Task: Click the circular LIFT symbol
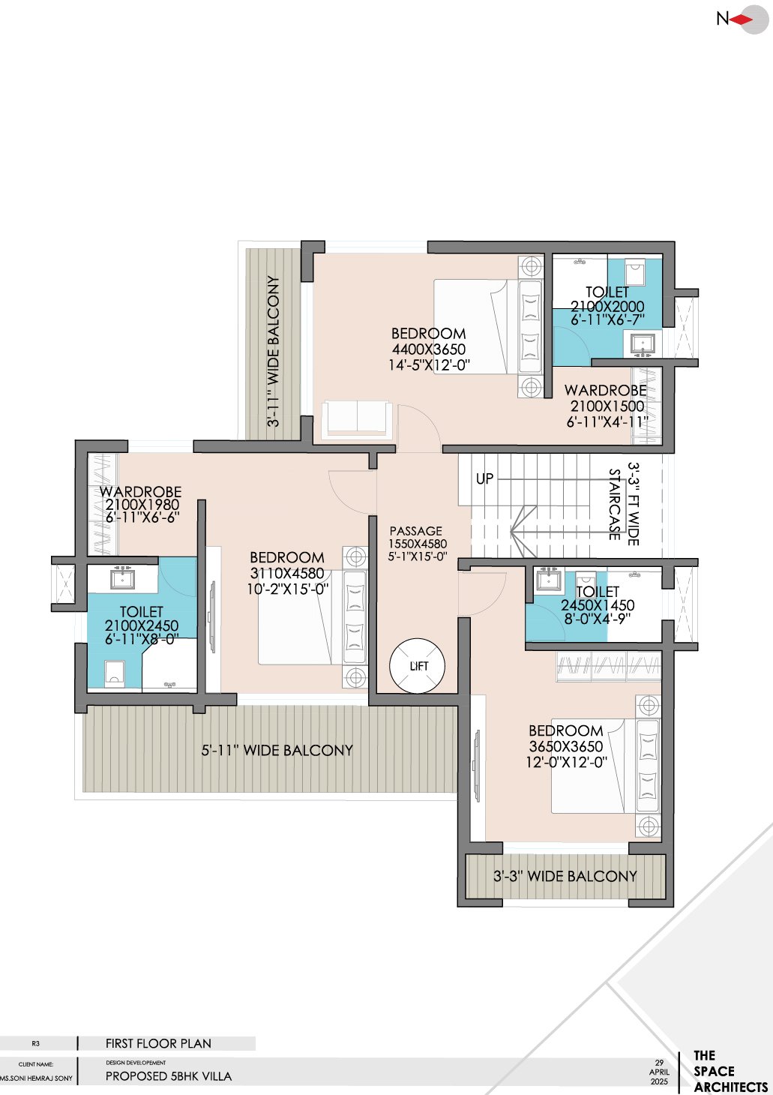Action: point(418,666)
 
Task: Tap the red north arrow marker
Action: point(742,20)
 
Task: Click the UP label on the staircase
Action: point(485,478)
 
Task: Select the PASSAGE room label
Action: point(416,531)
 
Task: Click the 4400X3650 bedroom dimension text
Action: point(429,349)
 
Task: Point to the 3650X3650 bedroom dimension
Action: point(566,746)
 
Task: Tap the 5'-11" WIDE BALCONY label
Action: point(277,750)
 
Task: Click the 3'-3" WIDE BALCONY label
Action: point(565,876)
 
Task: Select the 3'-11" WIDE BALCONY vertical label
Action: point(274,351)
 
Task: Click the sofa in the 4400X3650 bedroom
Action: point(357,419)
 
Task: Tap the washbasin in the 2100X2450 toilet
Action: point(122,579)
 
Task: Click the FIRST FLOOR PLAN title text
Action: point(158,1043)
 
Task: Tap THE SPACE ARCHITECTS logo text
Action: point(729,1072)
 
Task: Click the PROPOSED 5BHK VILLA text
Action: point(169,1076)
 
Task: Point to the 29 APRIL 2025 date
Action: point(659,1072)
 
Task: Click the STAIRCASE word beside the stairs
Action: point(615,504)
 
